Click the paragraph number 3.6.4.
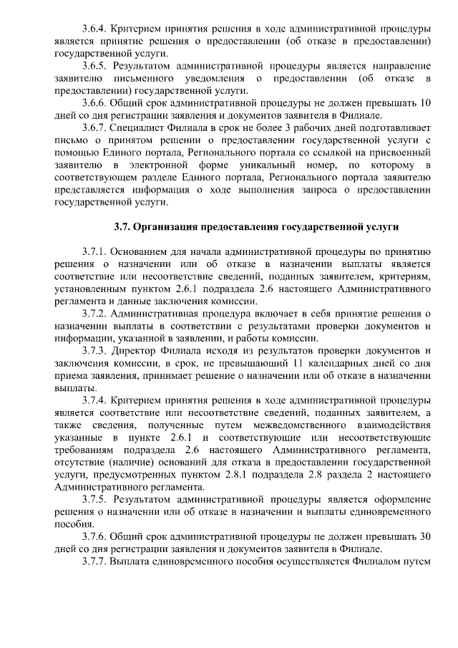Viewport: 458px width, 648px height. point(94,29)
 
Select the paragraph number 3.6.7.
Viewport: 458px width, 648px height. point(94,127)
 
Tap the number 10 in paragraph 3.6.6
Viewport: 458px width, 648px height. point(424,102)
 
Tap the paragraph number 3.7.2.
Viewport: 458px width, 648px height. point(94,314)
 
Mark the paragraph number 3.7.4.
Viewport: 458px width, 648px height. point(94,400)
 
